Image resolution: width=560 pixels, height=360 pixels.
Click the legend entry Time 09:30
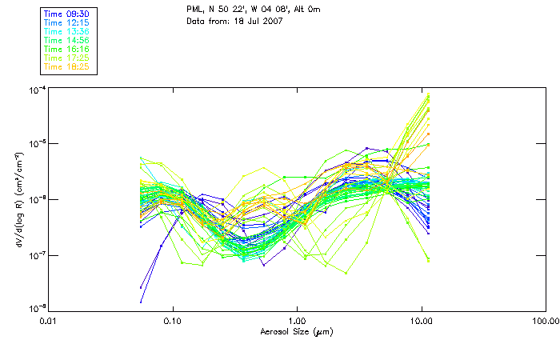(66, 13)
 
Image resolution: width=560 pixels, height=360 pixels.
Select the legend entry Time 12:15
(66, 22)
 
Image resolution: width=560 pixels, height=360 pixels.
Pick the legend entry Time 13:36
(66, 30)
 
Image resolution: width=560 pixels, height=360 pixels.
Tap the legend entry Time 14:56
(66, 40)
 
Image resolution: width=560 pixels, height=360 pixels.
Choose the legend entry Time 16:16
(66, 49)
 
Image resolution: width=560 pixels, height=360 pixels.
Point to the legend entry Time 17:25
(66, 58)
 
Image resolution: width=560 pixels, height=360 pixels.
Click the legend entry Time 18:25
(66, 66)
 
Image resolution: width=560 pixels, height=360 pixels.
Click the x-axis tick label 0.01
(49, 322)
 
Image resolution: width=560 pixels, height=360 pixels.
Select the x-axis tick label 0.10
(173, 322)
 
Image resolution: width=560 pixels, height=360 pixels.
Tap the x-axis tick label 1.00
(297, 322)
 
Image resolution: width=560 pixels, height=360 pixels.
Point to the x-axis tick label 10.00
(421, 322)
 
